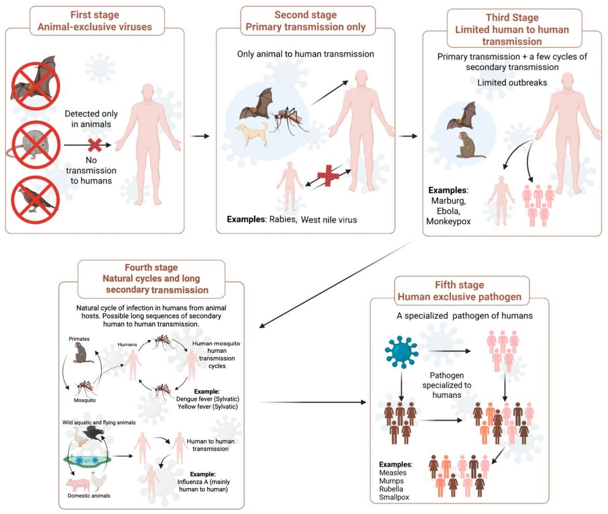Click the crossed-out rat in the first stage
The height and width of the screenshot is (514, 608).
coord(34,145)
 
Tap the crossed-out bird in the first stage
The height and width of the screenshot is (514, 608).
coord(35,200)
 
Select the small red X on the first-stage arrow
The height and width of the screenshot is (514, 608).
coord(95,145)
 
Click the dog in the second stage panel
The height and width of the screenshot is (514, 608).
coord(253,134)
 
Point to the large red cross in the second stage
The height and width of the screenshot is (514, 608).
coord(328,175)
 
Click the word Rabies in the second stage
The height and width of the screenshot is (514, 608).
coord(283,219)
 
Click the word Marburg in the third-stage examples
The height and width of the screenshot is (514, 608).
coord(448,200)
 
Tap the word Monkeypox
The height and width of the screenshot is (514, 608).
coord(448,222)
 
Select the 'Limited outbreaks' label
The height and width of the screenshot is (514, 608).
coord(512,83)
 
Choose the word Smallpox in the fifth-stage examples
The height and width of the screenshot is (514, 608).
coord(394,497)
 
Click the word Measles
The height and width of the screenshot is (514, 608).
coord(393,472)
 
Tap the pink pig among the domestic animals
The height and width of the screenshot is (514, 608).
coord(78,484)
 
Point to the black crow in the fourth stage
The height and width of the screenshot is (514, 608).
coord(94,433)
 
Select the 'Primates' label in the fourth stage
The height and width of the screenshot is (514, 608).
coord(79,339)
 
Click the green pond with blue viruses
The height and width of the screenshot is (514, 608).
coord(87,461)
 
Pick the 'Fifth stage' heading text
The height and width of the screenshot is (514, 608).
coord(459,285)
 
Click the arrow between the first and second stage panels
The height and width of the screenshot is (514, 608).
coord(200,136)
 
